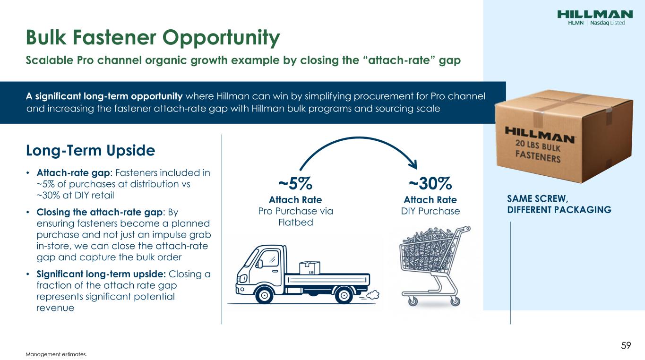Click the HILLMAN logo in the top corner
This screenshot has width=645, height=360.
pyautogui.click(x=595, y=14)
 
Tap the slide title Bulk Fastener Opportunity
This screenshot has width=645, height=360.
pyautogui.click(x=153, y=37)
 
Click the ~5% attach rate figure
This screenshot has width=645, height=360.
pyautogui.click(x=295, y=183)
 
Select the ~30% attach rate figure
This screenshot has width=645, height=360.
pyautogui.click(x=430, y=183)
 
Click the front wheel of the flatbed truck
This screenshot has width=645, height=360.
pyautogui.click(x=264, y=295)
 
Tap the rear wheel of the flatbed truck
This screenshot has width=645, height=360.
pyautogui.click(x=344, y=295)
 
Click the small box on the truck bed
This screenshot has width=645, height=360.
pyautogui.click(x=310, y=268)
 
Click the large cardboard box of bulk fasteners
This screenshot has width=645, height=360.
pyautogui.click(x=564, y=136)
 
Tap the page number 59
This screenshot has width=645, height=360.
pyautogui.click(x=626, y=345)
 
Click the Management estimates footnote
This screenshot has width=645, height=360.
pyautogui.click(x=56, y=354)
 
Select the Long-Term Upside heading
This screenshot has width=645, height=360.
pyautogui.click(x=90, y=150)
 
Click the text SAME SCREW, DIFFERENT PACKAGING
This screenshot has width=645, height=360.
pyautogui.click(x=559, y=204)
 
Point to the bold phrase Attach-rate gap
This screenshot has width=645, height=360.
pyautogui.click(x=73, y=173)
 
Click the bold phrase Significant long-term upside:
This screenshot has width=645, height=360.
pyautogui.click(x=101, y=274)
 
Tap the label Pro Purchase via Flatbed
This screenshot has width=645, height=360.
pyautogui.click(x=295, y=217)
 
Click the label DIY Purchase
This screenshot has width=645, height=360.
pyautogui.click(x=430, y=211)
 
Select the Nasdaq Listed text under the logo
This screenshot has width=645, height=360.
pyautogui.click(x=608, y=23)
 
